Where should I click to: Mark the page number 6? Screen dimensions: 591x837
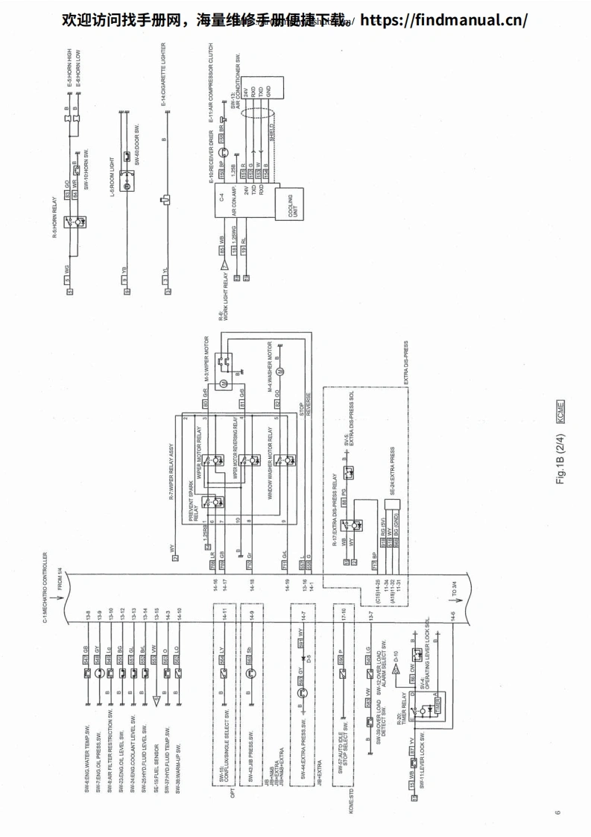[556, 812]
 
